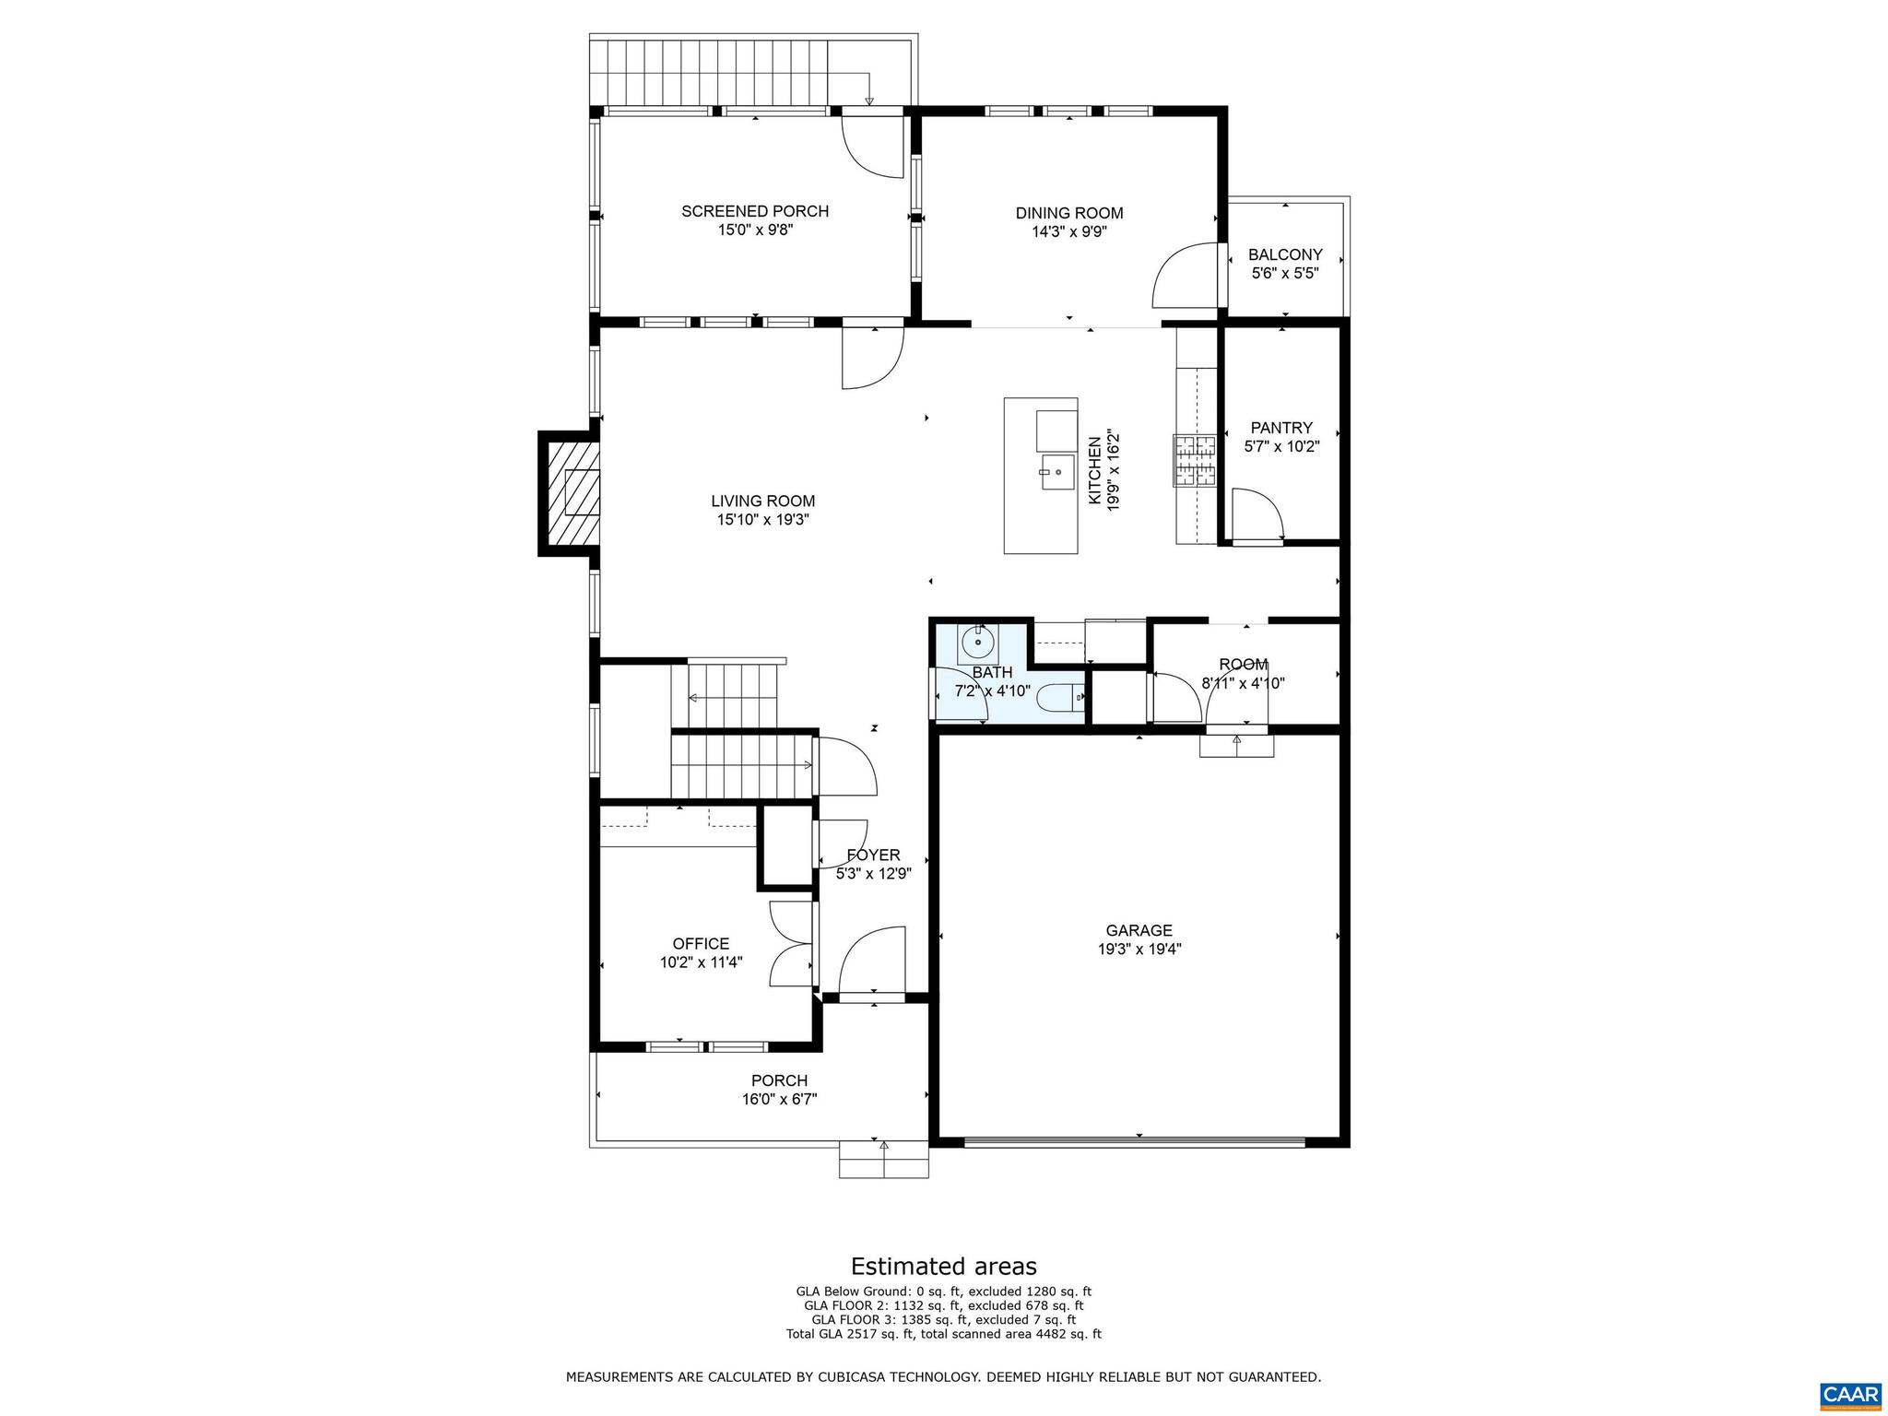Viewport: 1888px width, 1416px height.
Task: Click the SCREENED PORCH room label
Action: point(754,211)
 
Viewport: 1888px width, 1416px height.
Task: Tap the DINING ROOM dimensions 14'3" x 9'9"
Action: point(1068,232)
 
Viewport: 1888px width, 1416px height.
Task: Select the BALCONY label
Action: point(1284,254)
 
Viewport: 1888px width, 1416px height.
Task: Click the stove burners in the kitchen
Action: point(1195,460)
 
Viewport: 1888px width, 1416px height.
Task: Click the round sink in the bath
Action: point(977,640)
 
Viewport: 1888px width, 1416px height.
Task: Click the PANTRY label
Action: point(1280,428)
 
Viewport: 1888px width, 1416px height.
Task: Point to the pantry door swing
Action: point(1256,515)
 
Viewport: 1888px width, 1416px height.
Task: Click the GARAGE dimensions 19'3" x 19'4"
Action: point(1139,949)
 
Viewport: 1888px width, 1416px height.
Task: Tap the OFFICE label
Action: point(701,943)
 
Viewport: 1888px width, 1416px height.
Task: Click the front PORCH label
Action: point(779,1080)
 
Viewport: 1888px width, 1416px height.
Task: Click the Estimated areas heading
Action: point(943,1266)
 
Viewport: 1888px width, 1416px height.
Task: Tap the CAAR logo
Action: point(1850,1392)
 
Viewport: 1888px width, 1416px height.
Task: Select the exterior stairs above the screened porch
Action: point(728,74)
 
